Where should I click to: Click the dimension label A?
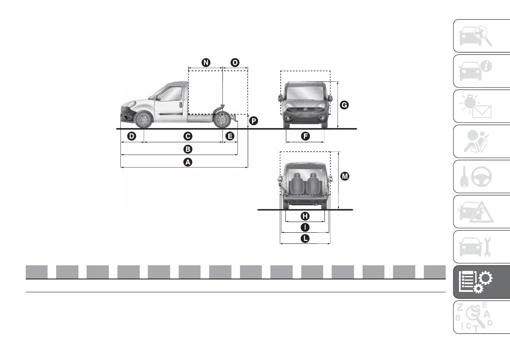tap(187, 162)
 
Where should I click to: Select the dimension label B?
tap(187, 149)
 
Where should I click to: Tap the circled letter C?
tap(187, 136)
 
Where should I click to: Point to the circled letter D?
tap(132, 136)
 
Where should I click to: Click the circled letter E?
tap(230, 136)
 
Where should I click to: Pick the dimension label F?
tap(305, 136)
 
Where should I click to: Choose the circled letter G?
tap(344, 104)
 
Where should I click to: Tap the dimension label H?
tap(305, 216)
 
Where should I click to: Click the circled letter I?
tap(305, 227)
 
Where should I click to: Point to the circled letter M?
tap(344, 176)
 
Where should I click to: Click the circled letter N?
tap(206, 63)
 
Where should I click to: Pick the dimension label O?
tap(235, 63)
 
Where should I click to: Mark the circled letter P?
tap(254, 121)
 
